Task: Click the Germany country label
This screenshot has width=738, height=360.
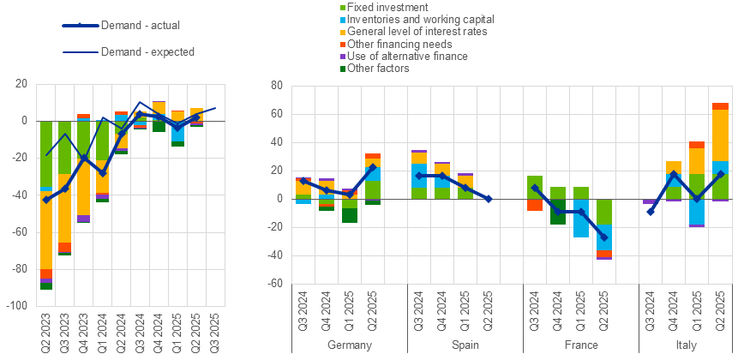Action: [350, 345]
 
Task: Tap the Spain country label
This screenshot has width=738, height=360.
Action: [465, 345]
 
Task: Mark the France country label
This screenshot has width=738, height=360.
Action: [580, 345]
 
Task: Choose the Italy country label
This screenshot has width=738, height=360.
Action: [686, 345]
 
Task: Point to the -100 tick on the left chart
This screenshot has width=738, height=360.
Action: [17, 305]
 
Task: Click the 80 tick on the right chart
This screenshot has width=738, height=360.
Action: [277, 86]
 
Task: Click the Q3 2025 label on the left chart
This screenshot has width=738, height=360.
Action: [215, 329]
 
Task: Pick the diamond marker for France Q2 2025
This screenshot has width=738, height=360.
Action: [604, 237]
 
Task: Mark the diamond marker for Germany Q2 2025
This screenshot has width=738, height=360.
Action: [373, 167]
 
